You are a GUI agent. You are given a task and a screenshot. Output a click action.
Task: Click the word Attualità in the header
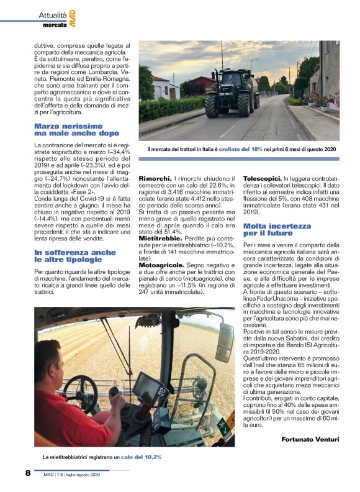click(53, 14)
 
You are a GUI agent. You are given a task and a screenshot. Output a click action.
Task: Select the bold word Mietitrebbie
click(160, 238)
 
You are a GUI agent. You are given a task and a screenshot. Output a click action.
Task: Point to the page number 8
click(28, 473)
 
